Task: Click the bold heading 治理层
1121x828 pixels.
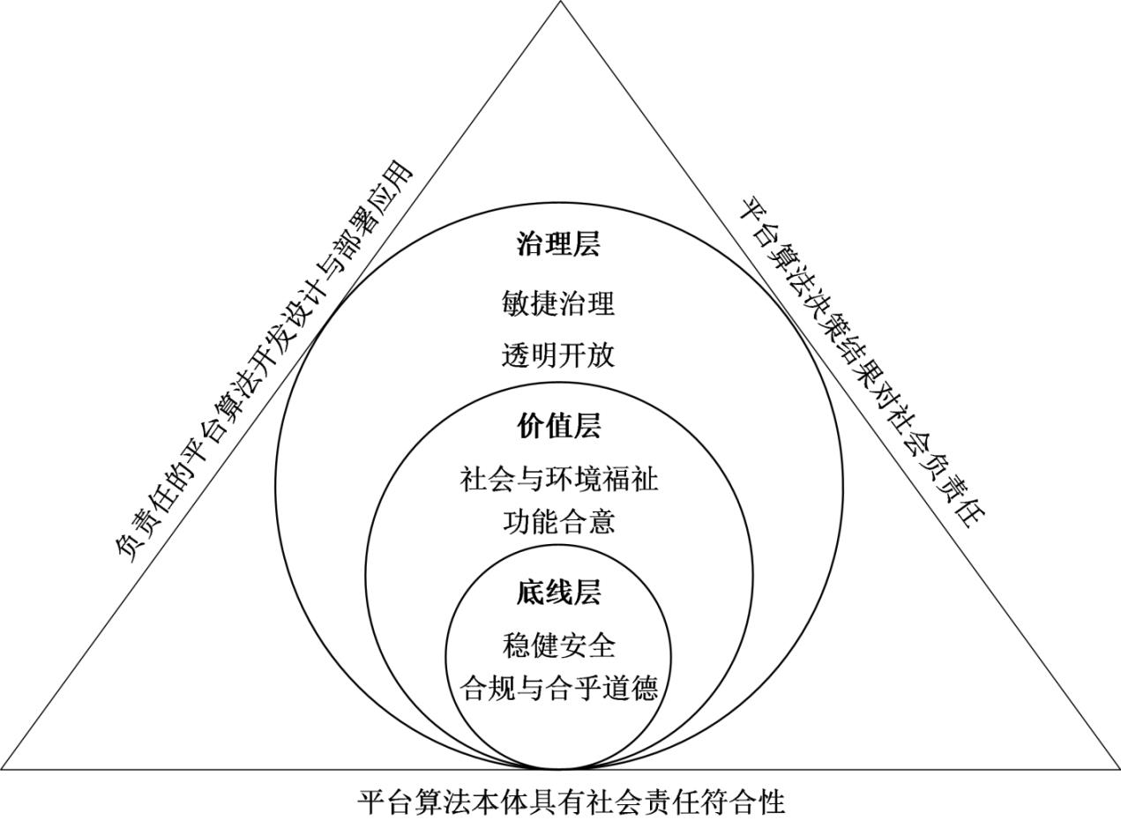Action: pyautogui.click(x=558, y=244)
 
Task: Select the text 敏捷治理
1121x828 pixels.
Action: pyautogui.click(x=558, y=304)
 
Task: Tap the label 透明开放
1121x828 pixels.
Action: pyautogui.click(x=558, y=354)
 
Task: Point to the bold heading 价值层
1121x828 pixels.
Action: pyautogui.click(x=558, y=426)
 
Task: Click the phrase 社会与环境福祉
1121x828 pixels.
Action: pyautogui.click(x=559, y=479)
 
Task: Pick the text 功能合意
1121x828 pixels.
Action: pyautogui.click(x=558, y=522)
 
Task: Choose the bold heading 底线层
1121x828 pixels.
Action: pyautogui.click(x=558, y=593)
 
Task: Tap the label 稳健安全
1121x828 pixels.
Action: pyautogui.click(x=558, y=645)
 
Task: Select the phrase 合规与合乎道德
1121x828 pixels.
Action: pyautogui.click(x=559, y=688)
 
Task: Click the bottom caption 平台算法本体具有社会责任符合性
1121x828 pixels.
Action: pyautogui.click(x=572, y=802)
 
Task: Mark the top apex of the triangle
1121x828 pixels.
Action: pyautogui.click(x=560, y=2)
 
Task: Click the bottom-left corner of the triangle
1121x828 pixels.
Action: pyautogui.click(x=2, y=769)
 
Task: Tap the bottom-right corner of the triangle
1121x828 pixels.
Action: pyautogui.click(x=1119, y=769)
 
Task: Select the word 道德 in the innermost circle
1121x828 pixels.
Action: pyautogui.click(x=631, y=688)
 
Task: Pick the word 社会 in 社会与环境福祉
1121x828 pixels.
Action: pyautogui.click(x=488, y=479)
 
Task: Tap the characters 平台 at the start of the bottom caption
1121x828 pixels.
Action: pyautogui.click(x=386, y=802)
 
